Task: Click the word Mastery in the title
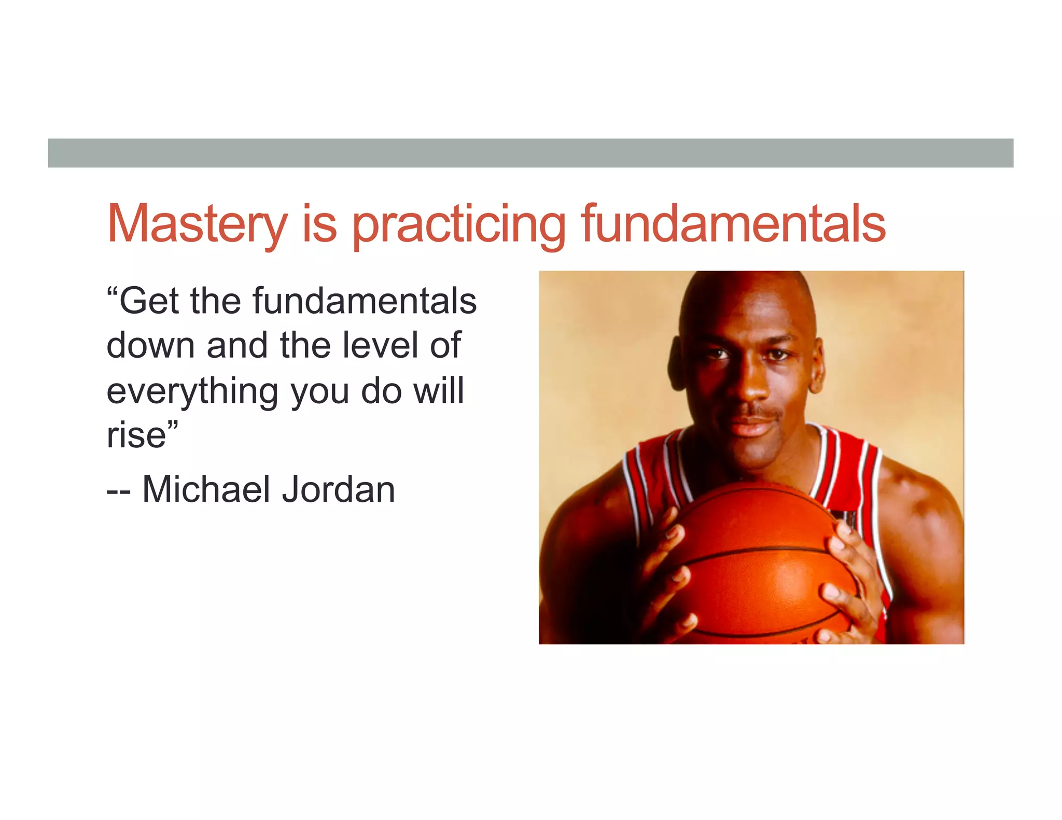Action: click(x=197, y=224)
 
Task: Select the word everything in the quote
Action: click(x=192, y=392)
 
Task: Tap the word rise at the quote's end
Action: click(x=136, y=435)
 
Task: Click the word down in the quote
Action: click(x=150, y=345)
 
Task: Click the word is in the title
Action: click(x=319, y=224)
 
